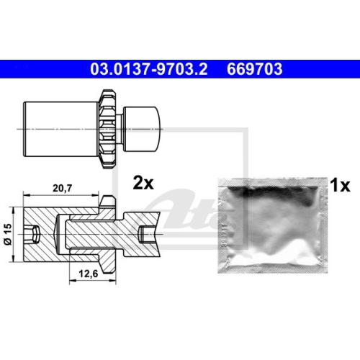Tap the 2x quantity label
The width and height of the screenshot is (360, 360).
144,182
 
